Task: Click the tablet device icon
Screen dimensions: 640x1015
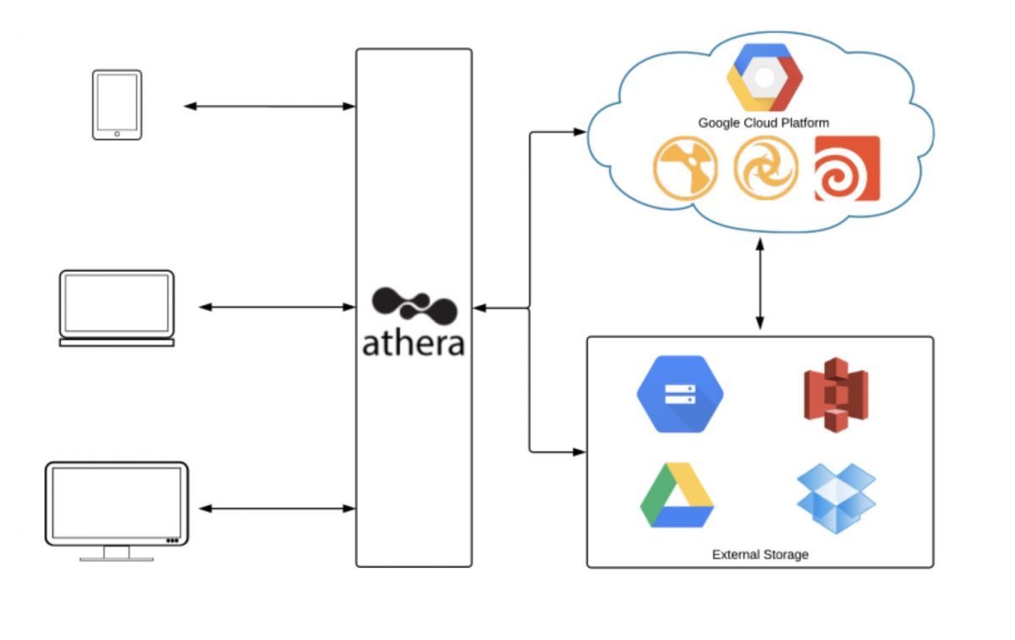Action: [x=117, y=104]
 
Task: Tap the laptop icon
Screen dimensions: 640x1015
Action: [x=117, y=307]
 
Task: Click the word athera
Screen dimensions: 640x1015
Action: [x=414, y=343]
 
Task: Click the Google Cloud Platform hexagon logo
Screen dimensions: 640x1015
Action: [x=764, y=77]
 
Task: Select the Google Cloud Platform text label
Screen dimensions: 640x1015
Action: [x=763, y=123]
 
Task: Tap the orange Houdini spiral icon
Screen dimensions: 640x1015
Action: [x=847, y=168]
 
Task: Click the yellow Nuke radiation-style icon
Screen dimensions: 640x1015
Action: [x=685, y=168]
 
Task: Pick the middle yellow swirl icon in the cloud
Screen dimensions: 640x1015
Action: [x=765, y=168]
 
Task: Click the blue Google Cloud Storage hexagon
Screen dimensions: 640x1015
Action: [x=680, y=394]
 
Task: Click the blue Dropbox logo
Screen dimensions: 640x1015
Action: [x=836, y=498]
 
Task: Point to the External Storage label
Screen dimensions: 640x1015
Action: [x=760, y=554]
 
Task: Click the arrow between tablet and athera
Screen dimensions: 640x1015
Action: [x=270, y=106]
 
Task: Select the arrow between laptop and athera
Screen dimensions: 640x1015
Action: [x=277, y=307]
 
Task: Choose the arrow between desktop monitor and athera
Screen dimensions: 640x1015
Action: [x=277, y=509]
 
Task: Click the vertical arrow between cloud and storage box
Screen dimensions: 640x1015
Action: [x=760, y=284]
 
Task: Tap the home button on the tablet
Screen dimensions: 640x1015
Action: [x=117, y=133]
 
